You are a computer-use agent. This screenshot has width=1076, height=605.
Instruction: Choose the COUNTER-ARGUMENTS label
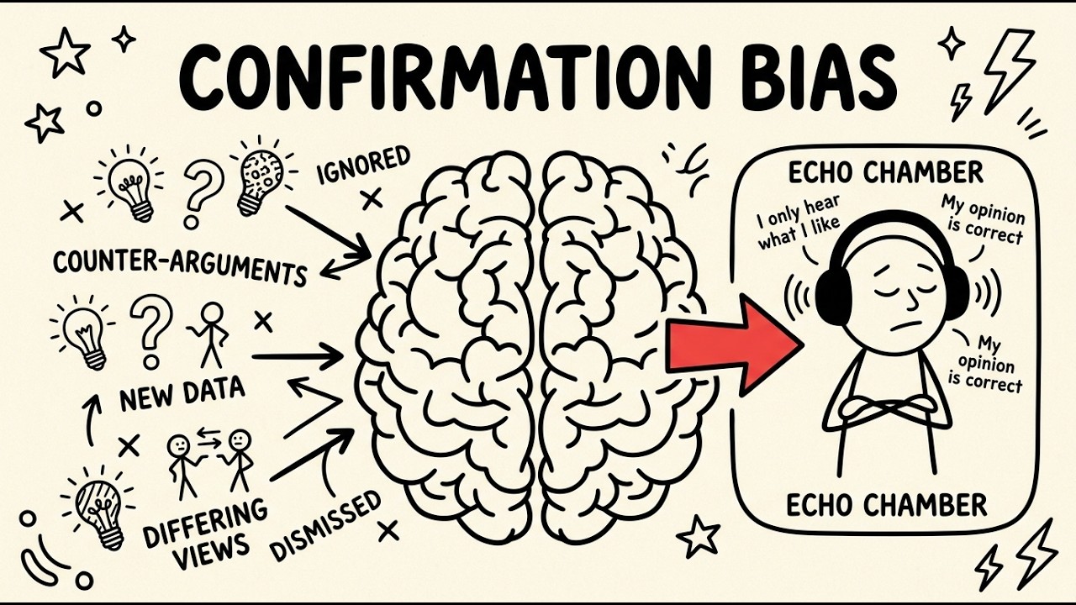click(179, 267)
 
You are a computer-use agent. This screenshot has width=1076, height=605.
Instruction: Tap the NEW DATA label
click(182, 394)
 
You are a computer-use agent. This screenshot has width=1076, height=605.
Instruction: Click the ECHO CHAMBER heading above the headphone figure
click(885, 173)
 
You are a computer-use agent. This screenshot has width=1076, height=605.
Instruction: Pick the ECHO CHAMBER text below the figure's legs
click(886, 506)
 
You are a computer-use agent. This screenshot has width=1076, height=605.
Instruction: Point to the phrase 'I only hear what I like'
click(799, 223)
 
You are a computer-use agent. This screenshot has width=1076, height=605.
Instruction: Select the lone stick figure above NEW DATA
click(210, 335)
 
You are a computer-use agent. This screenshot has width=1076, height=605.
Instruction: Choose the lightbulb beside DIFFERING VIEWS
click(99, 512)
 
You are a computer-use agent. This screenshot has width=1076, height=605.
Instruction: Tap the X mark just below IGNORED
click(372, 198)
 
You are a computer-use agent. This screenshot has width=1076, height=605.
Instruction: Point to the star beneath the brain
click(698, 536)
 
